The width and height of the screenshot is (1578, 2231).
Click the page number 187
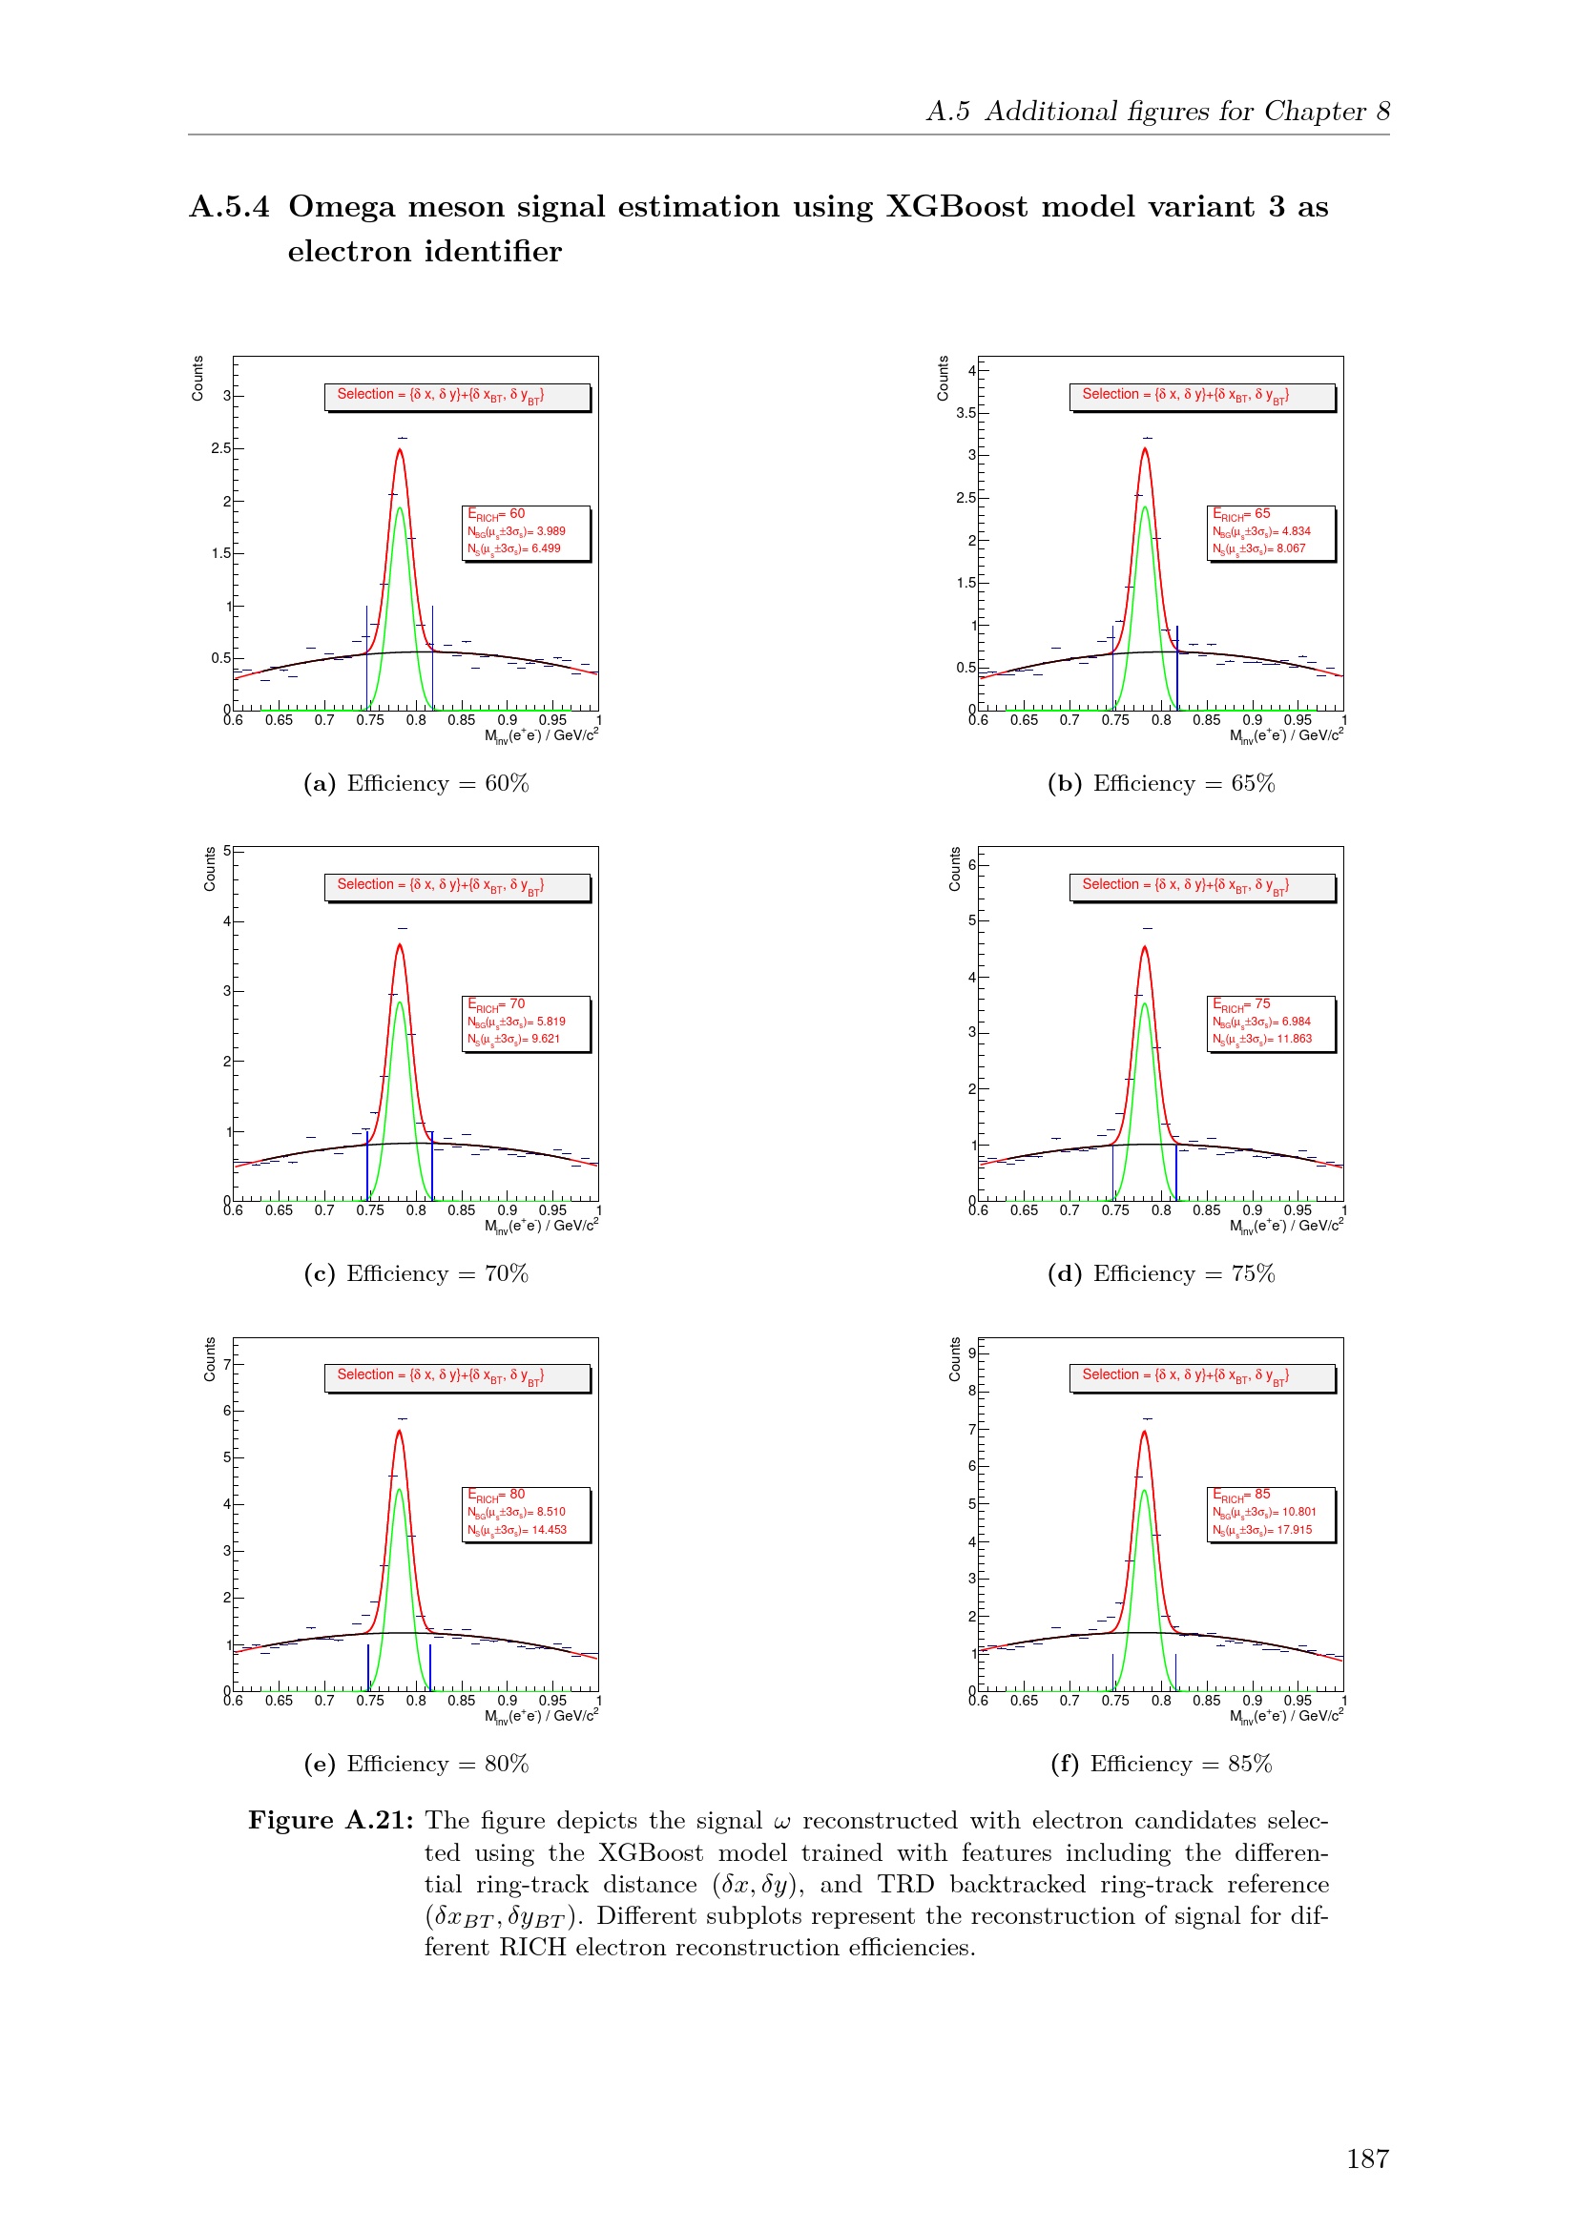click(1367, 2159)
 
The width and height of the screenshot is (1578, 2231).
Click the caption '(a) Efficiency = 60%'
click(416, 783)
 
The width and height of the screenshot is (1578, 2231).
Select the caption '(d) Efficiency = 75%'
click(1160, 1274)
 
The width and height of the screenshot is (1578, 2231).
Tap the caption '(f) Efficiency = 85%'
click(1160, 1764)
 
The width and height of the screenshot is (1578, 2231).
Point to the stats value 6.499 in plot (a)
click(545, 549)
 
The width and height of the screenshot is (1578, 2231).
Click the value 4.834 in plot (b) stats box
click(1296, 531)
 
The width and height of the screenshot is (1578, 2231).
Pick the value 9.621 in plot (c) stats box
click(545, 1040)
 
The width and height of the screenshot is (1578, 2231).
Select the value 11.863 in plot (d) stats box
click(1294, 1040)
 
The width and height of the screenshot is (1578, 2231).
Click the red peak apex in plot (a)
click(400, 450)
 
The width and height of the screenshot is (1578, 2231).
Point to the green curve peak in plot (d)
click(1145, 1004)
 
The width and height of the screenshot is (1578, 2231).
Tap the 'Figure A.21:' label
click(330, 1821)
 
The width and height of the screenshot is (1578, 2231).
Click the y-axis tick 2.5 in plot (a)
click(220, 449)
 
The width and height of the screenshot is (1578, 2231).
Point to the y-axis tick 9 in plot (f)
click(970, 1353)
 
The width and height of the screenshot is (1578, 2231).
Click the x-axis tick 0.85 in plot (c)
click(462, 1210)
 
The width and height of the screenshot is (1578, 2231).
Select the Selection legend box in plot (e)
click(458, 1377)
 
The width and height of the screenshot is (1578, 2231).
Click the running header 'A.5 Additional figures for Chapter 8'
click(1157, 112)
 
